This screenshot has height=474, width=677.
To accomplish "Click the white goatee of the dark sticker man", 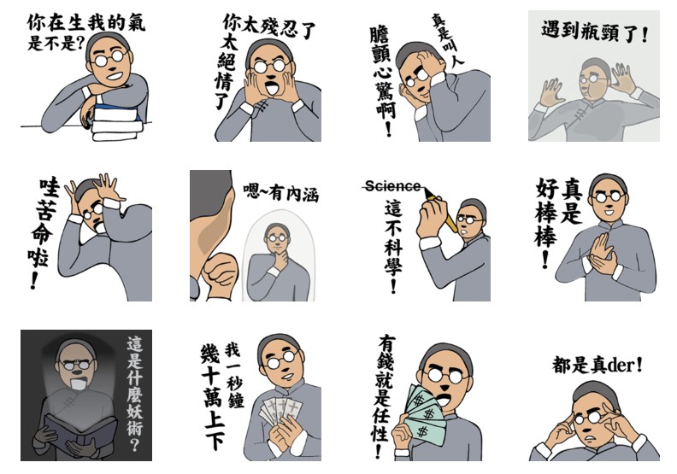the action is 78,383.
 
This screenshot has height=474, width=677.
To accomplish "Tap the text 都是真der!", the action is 598,366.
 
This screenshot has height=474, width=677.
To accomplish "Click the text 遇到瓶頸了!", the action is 595,32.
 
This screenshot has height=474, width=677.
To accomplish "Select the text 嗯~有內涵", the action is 280,192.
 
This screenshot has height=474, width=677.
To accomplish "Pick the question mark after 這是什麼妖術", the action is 134,444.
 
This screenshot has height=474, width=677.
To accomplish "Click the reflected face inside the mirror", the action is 277,239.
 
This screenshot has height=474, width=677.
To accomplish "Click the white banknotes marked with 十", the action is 280,410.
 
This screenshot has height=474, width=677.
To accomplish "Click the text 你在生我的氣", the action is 86,21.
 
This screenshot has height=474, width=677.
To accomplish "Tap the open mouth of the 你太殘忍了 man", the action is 271,89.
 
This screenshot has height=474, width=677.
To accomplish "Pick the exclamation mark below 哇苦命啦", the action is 34,280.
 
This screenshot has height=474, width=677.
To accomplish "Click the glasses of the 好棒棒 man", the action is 609,197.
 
